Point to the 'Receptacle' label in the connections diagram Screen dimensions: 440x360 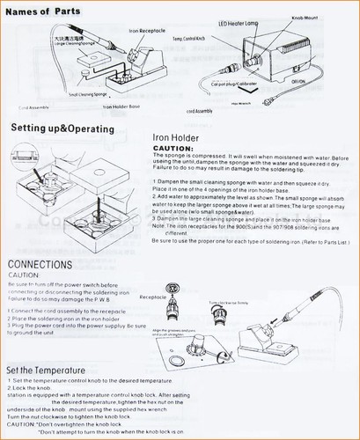pyautogui.click(x=152, y=298)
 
